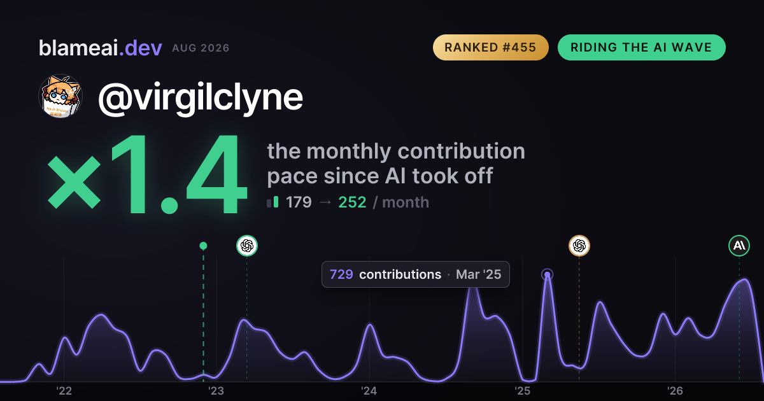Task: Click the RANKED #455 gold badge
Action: pos(490,47)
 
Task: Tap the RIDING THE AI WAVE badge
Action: pos(641,47)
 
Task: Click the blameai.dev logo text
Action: pos(101,48)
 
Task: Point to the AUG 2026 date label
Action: pos(201,48)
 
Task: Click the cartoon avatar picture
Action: pos(60,96)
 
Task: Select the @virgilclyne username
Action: pos(200,97)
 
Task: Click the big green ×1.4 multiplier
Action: pos(146,174)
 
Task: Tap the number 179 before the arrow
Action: pos(299,202)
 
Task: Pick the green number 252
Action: pos(352,202)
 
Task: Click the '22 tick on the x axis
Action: pos(64,391)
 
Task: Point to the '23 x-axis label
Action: pos(216,391)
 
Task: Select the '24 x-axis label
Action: pos(369,391)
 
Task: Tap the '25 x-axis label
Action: pos(522,391)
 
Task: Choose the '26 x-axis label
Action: pos(675,391)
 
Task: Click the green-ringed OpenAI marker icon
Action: pos(247,246)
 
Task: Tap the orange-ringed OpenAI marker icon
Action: pos(579,246)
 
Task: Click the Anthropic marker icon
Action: pos(739,246)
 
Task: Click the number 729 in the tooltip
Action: pos(341,274)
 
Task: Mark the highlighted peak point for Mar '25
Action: pos(547,274)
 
